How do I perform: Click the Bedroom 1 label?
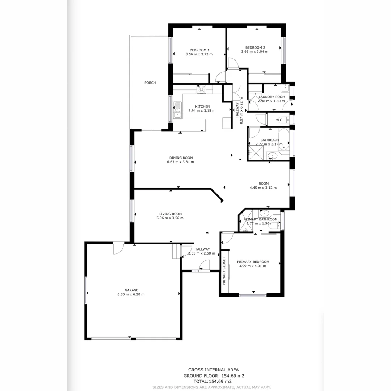coord(199,50)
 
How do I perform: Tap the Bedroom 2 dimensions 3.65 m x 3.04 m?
coord(255,52)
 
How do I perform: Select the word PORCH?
coord(150,83)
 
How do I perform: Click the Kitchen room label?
coord(202,106)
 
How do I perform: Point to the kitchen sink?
coord(177,110)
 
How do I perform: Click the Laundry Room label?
coord(272,97)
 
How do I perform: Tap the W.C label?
coord(279,120)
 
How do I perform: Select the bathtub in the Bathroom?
coord(284,139)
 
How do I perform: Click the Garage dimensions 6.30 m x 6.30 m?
coord(131,294)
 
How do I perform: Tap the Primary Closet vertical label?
coord(224,271)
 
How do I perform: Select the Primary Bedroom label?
coord(253,262)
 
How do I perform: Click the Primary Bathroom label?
coord(260,219)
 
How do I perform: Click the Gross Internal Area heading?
coord(213,370)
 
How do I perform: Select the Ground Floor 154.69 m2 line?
coord(213,376)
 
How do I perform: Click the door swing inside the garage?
coord(118,249)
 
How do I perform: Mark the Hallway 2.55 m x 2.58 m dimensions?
coord(202,253)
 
